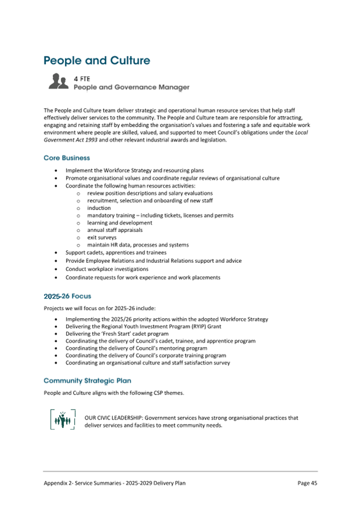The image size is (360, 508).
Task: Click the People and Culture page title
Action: [97, 60]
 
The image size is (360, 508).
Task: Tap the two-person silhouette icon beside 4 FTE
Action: [58, 82]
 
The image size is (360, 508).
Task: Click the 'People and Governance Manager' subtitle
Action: [131, 87]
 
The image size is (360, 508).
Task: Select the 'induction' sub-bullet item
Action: [99, 208]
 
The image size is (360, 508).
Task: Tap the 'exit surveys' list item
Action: [102, 237]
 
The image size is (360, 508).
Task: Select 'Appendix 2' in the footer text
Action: [59, 483]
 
